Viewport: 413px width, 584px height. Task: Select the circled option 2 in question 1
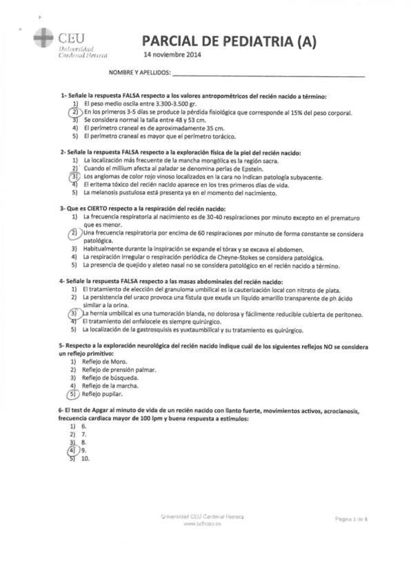click(74, 112)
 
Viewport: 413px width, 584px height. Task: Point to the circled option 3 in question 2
click(74, 177)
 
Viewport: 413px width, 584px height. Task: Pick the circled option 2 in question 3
click(74, 234)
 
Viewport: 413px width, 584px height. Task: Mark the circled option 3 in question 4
click(74, 313)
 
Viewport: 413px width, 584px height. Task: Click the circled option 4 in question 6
click(72, 450)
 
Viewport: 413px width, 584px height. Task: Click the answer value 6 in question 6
click(83, 426)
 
